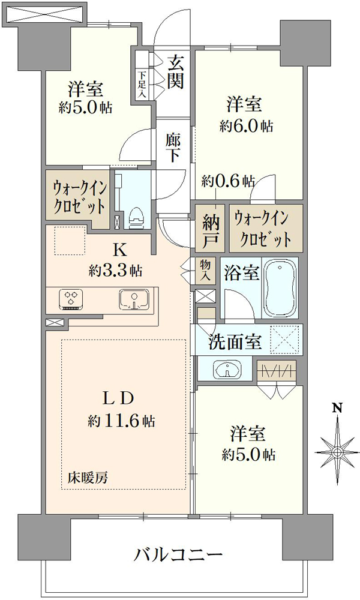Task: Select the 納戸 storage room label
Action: pos(211,230)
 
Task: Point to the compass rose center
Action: pos(337,452)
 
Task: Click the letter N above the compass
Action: pos(337,408)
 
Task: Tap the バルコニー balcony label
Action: pos(178,554)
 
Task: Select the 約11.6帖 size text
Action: pos(121,421)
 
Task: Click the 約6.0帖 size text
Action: pos(247,126)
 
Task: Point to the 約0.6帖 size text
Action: pos(229,180)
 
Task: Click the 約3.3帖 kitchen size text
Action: pos(116,271)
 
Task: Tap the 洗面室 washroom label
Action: pos(235,342)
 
